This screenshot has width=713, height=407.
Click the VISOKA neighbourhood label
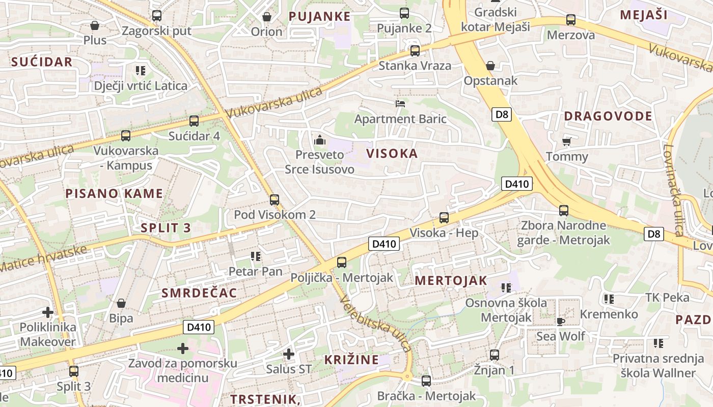coord(392,154)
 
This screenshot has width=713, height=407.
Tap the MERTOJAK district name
coord(451,281)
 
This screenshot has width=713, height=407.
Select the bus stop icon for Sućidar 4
coord(194,121)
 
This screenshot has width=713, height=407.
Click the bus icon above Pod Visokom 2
coord(275,200)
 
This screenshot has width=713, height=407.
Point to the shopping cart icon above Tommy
coord(566,141)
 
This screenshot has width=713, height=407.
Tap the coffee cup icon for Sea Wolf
coord(561,321)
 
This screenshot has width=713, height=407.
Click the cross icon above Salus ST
coord(289,354)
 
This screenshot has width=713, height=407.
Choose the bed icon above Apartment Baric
coord(400,104)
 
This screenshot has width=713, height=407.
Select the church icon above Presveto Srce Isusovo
coord(320,139)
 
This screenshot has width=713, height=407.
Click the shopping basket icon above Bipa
coord(121,304)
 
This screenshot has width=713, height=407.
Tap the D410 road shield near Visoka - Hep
coord(384,244)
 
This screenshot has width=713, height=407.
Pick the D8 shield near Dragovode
coord(502,114)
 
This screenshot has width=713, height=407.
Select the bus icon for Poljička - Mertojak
coord(342,263)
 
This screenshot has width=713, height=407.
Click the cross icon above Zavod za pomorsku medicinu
coord(183,348)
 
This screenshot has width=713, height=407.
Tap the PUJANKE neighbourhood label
coord(319,16)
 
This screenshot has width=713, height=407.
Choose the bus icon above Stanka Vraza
coord(415,51)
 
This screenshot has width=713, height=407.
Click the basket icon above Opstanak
coord(490,66)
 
